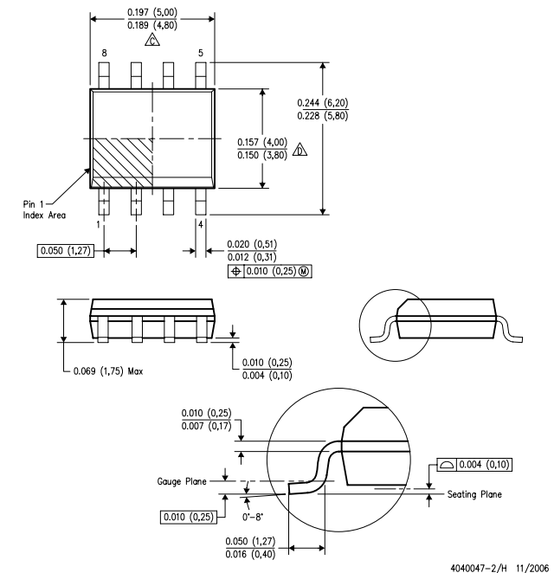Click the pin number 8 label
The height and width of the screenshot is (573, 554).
tap(104, 53)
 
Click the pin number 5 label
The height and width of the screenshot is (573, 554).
tap(201, 53)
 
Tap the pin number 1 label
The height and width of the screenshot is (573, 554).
tap(99, 223)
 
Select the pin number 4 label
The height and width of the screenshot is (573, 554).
tap(201, 224)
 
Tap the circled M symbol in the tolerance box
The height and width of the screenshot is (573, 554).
tap(303, 271)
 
